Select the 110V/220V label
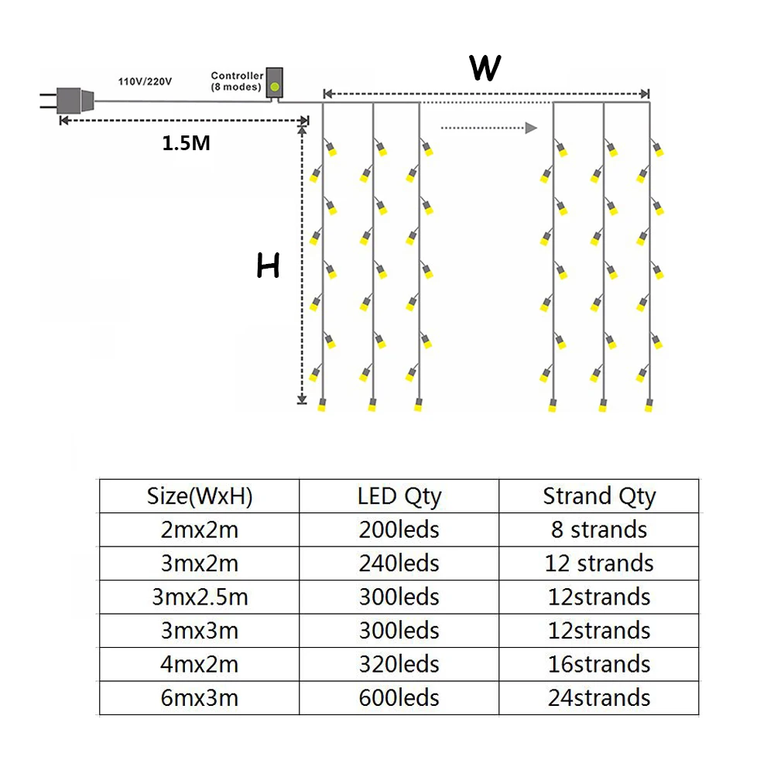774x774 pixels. pyautogui.click(x=145, y=80)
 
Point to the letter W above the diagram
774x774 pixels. pyautogui.click(x=485, y=68)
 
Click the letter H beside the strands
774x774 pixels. pyautogui.click(x=268, y=267)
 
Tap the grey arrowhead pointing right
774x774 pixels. pyautogui.click(x=531, y=128)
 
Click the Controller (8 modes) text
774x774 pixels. pyautogui.click(x=236, y=81)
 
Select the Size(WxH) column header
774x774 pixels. pyautogui.click(x=200, y=496)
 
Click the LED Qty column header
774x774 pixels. pyautogui.click(x=399, y=496)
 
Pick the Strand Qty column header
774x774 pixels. pyautogui.click(x=599, y=496)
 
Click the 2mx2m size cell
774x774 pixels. pyautogui.click(x=200, y=529)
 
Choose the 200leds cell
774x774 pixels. pyautogui.click(x=399, y=529)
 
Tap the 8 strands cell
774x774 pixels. pyautogui.click(x=599, y=529)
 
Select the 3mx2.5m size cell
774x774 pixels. pyautogui.click(x=200, y=597)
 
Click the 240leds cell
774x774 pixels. pyautogui.click(x=399, y=563)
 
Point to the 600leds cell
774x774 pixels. pyautogui.click(x=399, y=698)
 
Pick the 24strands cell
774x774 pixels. pyautogui.click(x=599, y=698)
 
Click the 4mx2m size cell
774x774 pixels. pyautogui.click(x=200, y=664)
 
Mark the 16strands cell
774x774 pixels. pyautogui.click(x=599, y=664)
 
